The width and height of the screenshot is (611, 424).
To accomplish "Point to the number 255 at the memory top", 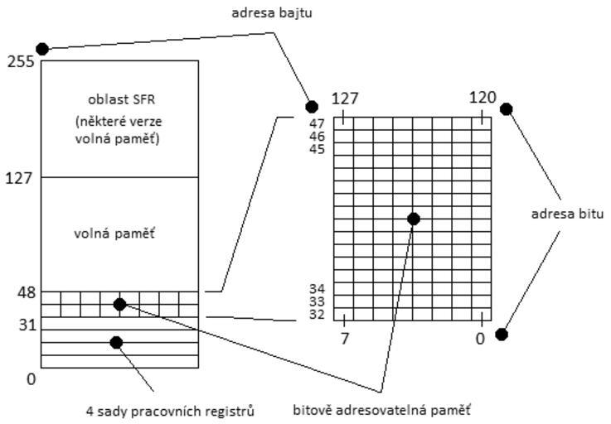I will click(20, 62).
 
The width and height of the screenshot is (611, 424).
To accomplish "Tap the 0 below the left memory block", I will click(32, 379).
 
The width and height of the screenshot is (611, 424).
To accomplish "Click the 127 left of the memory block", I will click(20, 178).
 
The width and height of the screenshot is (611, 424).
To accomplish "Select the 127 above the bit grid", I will click(345, 99).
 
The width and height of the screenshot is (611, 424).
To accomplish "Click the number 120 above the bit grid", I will click(482, 98).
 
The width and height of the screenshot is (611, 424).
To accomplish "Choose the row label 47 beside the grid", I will click(318, 123).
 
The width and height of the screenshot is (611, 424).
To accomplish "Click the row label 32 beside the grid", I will click(318, 315).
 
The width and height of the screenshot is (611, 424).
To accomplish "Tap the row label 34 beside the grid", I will click(318, 289).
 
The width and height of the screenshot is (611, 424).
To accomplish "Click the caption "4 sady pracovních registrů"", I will click(170, 411).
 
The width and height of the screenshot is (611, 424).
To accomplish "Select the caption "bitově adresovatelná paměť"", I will click(381, 409).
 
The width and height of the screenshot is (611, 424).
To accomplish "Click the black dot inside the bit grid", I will click(414, 219).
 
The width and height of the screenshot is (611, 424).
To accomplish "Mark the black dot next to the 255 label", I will click(42, 49).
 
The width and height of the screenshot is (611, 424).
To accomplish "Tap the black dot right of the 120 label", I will click(507, 109).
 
